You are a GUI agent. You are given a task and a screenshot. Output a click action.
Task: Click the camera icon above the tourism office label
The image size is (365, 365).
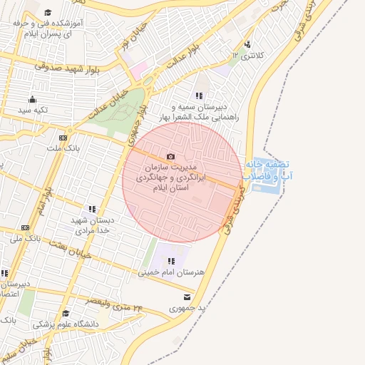point(170,157)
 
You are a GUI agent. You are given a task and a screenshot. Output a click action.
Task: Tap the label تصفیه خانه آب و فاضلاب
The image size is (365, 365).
point(268,169)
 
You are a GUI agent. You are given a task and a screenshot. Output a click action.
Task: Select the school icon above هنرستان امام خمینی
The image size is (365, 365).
point(171,261)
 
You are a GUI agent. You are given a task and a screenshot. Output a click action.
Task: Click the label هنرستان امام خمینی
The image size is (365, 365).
point(169,272)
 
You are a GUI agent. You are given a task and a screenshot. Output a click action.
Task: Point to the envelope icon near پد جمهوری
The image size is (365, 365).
point(187,297)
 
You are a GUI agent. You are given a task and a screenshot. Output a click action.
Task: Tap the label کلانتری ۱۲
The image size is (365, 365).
point(247,55)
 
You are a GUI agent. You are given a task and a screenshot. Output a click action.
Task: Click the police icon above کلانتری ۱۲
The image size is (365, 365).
point(247,43)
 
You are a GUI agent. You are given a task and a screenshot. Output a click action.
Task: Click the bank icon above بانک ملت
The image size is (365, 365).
point(63,137)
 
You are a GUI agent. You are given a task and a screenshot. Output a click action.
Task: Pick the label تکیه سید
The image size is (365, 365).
point(33,110)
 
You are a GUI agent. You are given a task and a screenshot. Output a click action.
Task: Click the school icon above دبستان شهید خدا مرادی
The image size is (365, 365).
point(92,210)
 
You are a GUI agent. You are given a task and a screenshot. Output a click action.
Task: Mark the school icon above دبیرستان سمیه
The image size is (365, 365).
point(199,96)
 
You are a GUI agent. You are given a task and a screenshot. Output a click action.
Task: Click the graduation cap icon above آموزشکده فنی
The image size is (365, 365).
point(48,12)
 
